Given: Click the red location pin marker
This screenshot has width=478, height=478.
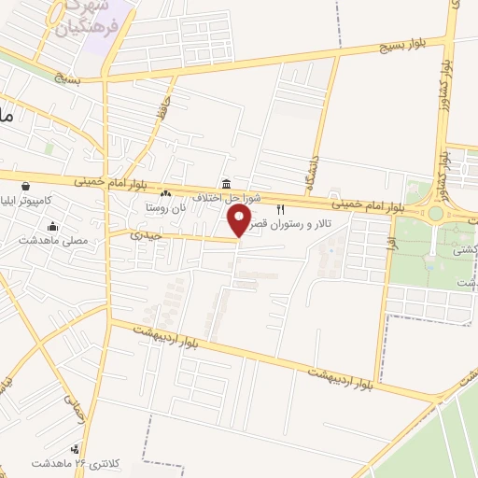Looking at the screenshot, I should coord(240,221).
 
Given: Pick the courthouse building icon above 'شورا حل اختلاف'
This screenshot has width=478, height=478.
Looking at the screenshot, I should coord(227,183).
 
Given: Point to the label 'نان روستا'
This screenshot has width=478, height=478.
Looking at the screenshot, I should coord(166,206).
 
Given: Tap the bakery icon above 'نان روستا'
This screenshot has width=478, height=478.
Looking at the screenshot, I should coord(166,193).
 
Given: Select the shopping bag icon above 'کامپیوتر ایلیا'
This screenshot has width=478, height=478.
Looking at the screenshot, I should coord(25,186).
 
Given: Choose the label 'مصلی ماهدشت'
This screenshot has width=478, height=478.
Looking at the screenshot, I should coord(51,240).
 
